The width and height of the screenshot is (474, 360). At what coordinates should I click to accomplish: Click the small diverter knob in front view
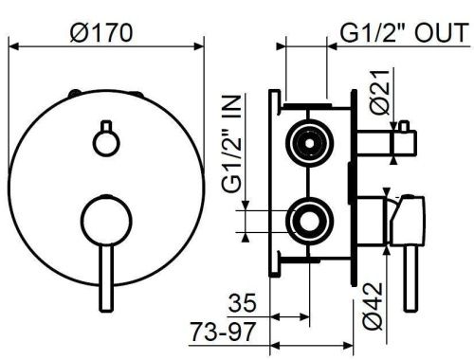tap(104, 138)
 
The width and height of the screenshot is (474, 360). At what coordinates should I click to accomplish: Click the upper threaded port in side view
tap(309, 138)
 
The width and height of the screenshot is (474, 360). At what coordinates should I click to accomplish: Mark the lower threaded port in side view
tap(309, 221)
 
